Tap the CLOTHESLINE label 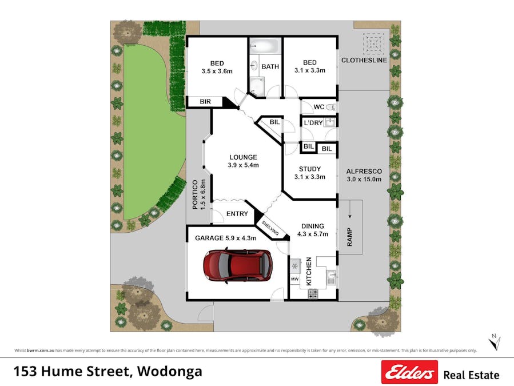(364, 60)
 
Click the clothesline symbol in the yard (373, 43)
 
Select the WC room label (319, 107)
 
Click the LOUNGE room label (244, 157)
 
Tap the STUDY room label (309, 169)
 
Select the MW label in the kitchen (295, 280)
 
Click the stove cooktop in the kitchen (313, 294)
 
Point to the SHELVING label (270, 228)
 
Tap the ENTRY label (237, 214)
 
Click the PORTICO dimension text (203, 194)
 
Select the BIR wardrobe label (205, 102)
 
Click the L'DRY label (313, 123)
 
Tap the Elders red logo (409, 372)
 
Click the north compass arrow (494, 343)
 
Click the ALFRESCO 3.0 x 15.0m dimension (364, 179)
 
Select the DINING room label (312, 226)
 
